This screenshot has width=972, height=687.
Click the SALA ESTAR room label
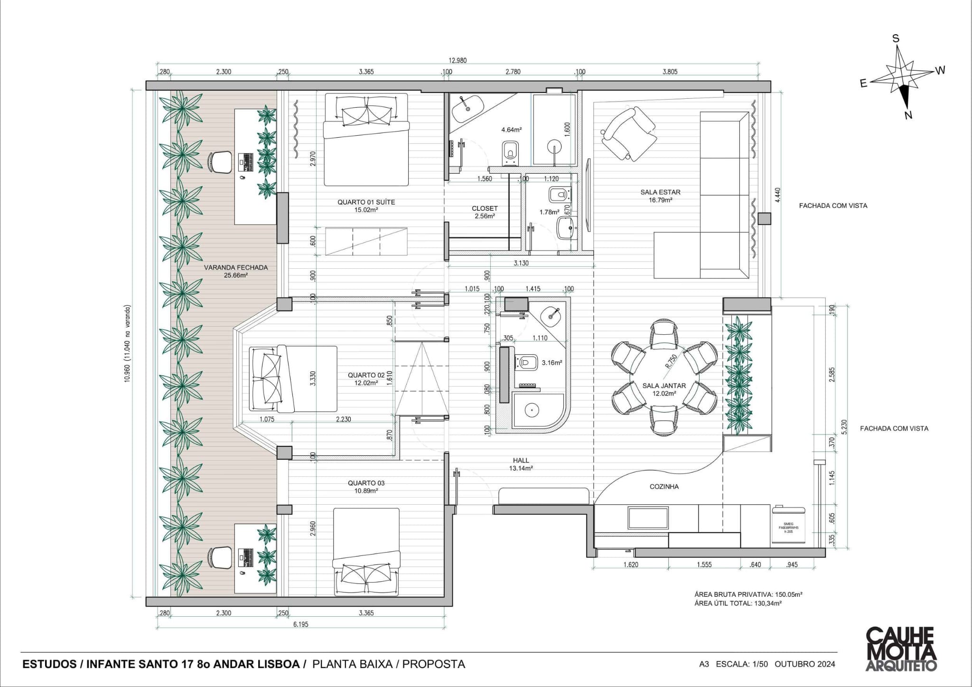[x=660, y=192]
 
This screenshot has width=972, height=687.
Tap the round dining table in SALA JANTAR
[x=664, y=377]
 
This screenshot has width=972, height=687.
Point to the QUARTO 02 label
[x=366, y=375]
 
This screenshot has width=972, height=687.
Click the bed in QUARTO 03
[x=366, y=551]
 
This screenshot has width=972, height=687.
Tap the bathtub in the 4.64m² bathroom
[x=467, y=109]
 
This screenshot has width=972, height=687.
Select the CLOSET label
[x=485, y=208]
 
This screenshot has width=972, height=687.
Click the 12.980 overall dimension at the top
[x=458, y=60]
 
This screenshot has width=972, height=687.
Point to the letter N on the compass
[x=908, y=115]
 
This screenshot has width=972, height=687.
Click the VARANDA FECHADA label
[x=236, y=267]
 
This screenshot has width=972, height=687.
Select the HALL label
[x=521, y=460]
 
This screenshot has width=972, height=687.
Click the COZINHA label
[x=664, y=487]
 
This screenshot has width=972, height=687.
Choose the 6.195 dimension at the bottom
[x=300, y=624]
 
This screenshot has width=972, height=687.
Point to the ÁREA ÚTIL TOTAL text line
[x=738, y=603]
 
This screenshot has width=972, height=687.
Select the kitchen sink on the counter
[x=648, y=518]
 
